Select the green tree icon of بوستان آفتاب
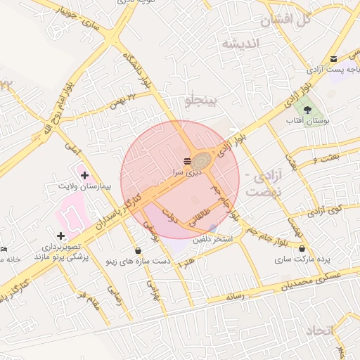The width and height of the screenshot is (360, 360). click(308, 108)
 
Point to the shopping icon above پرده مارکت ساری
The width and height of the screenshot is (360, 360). click(302, 249)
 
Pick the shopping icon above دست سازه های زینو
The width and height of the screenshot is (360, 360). click(138, 250)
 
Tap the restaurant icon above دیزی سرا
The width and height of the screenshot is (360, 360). click(186, 161)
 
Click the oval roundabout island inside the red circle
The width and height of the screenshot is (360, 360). click(203, 160)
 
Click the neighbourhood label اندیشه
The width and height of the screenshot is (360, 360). click(241, 44)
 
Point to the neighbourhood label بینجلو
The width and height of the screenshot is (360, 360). click(202, 100)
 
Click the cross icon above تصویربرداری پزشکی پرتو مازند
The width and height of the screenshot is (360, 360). click(60, 236)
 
